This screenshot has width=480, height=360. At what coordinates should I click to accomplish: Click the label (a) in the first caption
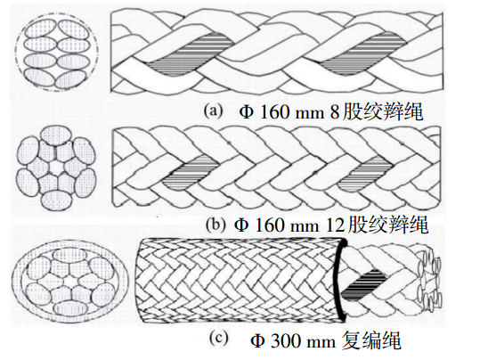(x=214, y=110)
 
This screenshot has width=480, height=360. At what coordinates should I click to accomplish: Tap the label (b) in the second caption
(x=216, y=225)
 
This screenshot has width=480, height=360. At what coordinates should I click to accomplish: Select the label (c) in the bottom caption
(x=219, y=339)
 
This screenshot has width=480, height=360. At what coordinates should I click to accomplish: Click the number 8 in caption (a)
(x=335, y=111)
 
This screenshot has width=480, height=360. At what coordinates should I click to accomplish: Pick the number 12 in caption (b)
(x=335, y=225)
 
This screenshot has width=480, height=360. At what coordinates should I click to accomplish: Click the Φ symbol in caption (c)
(x=257, y=340)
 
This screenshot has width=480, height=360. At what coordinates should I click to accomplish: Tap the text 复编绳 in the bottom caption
(x=371, y=340)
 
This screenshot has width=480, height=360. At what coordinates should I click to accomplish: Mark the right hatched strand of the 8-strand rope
(x=365, y=55)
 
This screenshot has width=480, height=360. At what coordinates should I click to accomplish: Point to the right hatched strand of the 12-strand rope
(x=365, y=173)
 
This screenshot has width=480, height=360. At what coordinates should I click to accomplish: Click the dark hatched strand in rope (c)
(x=364, y=284)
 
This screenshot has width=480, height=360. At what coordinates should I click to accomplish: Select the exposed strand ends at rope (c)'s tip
(x=430, y=280)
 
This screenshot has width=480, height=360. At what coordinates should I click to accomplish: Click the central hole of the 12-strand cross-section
(x=56, y=167)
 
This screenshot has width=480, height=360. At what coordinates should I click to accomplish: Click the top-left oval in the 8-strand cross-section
(x=40, y=29)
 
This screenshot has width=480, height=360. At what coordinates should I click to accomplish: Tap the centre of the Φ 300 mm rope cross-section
(x=69, y=282)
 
